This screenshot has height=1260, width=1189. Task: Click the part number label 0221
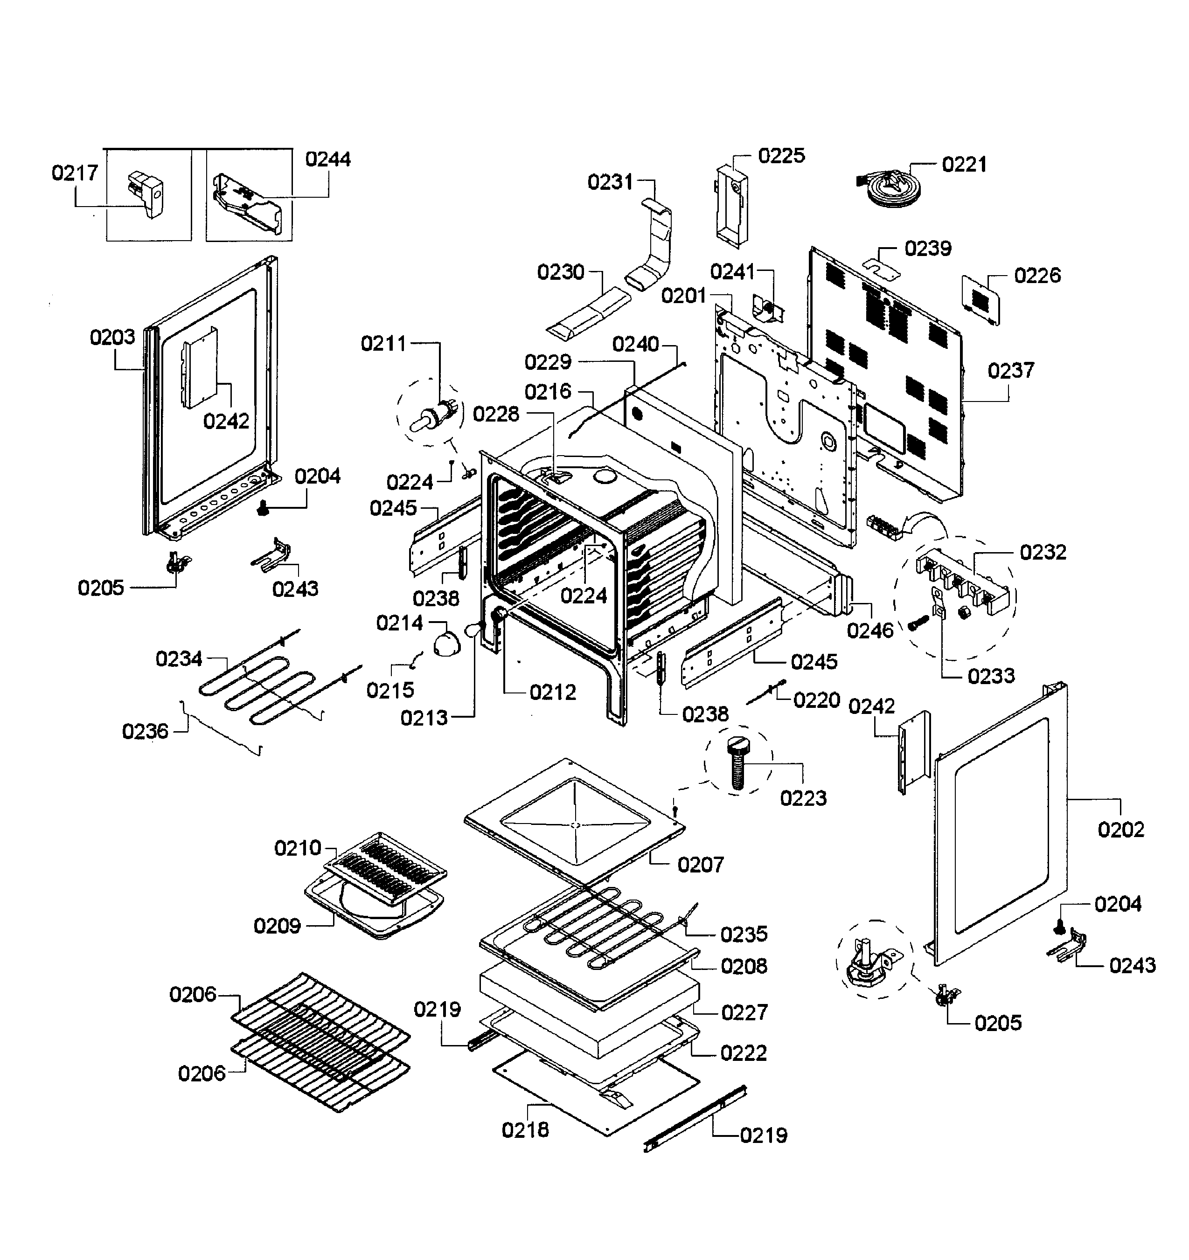(x=964, y=165)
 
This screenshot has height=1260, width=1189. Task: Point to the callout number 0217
(x=75, y=173)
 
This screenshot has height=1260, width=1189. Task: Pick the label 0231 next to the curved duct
(x=610, y=182)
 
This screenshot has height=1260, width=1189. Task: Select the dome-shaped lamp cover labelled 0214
(x=448, y=644)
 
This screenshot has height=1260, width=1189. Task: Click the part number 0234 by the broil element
(x=179, y=659)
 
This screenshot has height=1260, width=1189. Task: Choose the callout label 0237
(x=1011, y=370)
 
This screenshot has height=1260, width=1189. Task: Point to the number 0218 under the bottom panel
(x=525, y=1129)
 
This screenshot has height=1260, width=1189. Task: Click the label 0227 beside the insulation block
(x=744, y=1012)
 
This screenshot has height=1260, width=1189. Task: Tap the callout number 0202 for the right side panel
(x=1120, y=829)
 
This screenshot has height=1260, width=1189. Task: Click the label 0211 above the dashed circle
(x=383, y=344)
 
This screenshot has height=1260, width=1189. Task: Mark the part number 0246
(x=870, y=630)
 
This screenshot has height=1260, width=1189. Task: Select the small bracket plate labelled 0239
(x=882, y=268)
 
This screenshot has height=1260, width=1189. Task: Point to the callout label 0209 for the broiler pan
(x=277, y=926)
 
